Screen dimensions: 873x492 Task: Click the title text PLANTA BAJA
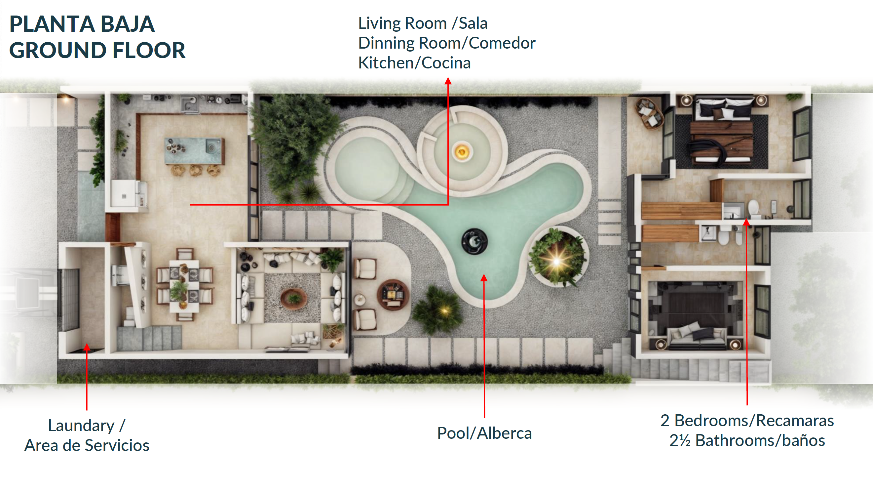[x=82, y=24]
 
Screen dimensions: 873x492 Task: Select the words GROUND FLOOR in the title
[x=97, y=50]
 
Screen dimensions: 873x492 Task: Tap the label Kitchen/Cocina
[x=414, y=63]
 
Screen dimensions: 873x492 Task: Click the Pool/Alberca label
[x=484, y=433]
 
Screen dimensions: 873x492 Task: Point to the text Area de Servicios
[x=87, y=445]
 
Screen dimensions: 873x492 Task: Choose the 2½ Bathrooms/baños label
[x=747, y=440]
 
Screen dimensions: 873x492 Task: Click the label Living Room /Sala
[x=423, y=23]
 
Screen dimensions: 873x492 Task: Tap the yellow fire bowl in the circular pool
[x=462, y=152]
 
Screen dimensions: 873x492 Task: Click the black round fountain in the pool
[x=474, y=241]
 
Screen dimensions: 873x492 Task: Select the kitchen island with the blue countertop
[x=194, y=150]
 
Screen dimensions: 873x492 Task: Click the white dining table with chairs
[x=184, y=284]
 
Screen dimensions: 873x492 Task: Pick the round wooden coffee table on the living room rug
[x=293, y=298]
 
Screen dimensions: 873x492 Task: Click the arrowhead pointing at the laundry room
[x=87, y=347]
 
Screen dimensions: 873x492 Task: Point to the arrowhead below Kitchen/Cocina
[x=448, y=81]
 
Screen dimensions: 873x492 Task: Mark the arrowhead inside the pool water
[x=484, y=278]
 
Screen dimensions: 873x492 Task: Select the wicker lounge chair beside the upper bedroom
[x=649, y=114]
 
